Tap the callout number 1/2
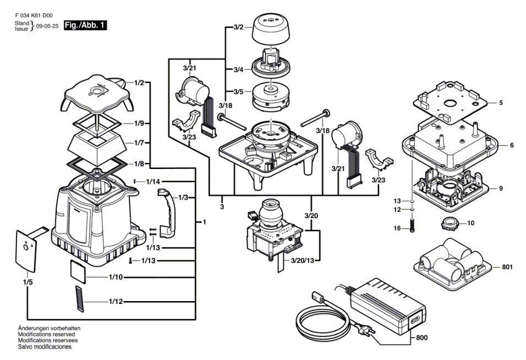[x=139, y=83]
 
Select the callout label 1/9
[x=139, y=123]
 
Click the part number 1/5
[x=28, y=282]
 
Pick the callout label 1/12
[x=116, y=301]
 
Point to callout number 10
[x=470, y=223]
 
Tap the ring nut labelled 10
[x=448, y=223]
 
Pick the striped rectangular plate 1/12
[x=81, y=299]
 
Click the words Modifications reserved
[x=47, y=334]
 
